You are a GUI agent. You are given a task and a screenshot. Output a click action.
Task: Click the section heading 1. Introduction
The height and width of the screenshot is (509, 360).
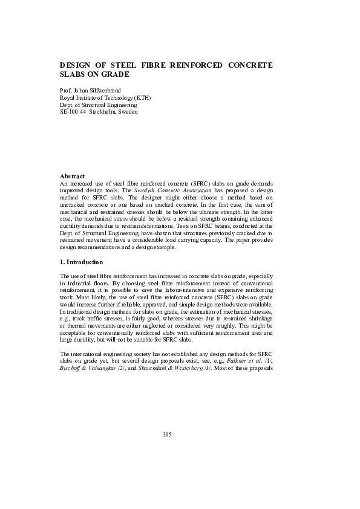point(81,262)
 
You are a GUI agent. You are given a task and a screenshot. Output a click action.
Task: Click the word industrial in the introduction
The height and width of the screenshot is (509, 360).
point(80,283)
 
